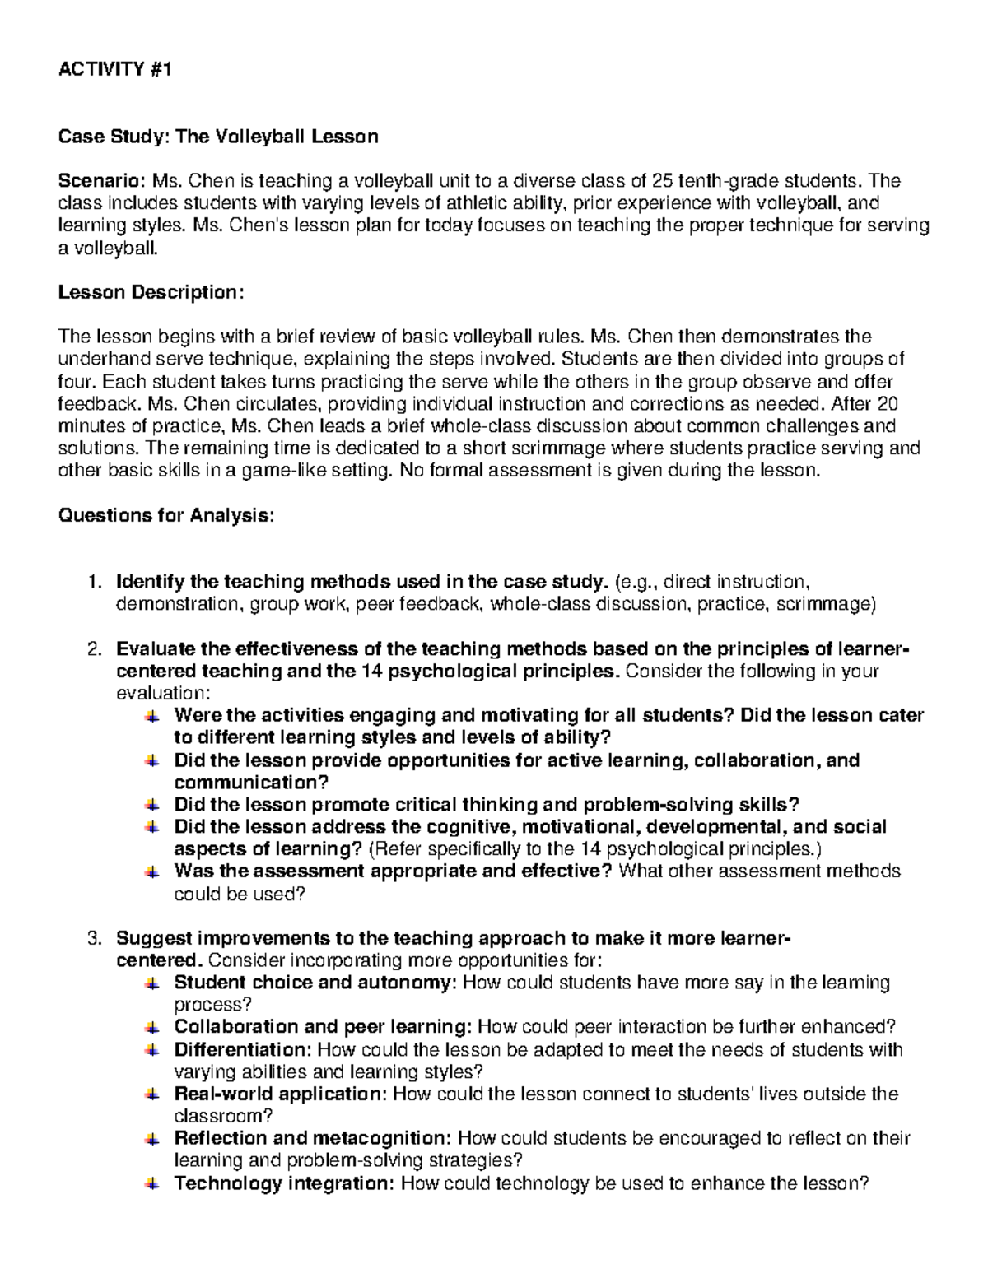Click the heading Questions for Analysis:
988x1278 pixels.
165,515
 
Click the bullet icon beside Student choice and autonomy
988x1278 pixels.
151,983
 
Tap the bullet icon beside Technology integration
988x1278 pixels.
151,1184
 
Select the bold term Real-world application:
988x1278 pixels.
281,1094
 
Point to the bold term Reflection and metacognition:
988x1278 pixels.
313,1139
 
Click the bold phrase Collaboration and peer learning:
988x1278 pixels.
324,1027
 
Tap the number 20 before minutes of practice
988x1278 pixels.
882,404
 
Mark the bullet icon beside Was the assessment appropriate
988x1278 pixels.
151,871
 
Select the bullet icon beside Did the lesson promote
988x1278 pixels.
151,805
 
